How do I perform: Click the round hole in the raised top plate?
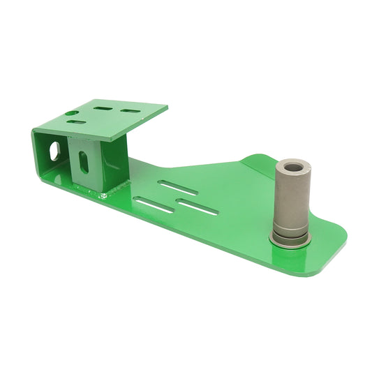[x=71, y=112]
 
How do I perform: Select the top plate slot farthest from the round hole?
[x=129, y=111]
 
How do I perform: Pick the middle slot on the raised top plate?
[x=103, y=109]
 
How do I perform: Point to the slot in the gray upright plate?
[x=84, y=162]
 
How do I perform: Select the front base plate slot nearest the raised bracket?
[x=154, y=205]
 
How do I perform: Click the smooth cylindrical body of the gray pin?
[x=290, y=199]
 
